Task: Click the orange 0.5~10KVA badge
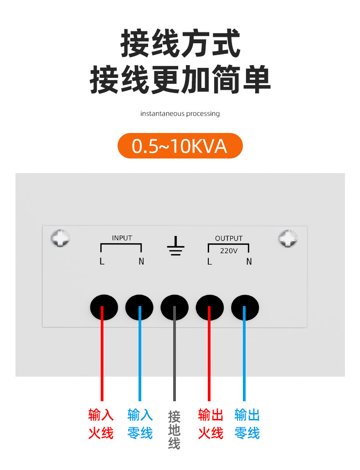(180, 146)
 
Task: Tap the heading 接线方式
(180, 43)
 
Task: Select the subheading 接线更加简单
(180, 79)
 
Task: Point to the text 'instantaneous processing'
(180, 113)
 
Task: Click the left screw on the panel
(60, 238)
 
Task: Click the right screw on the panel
(288, 239)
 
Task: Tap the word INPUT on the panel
(122, 238)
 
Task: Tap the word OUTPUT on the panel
(229, 238)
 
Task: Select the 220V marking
(229, 250)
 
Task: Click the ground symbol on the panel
(175, 246)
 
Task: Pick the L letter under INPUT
(102, 262)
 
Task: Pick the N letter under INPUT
(141, 262)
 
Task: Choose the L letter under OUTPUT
(210, 262)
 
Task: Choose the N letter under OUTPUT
(249, 262)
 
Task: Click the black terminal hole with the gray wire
(175, 307)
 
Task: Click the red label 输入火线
(101, 424)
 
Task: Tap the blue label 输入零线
(140, 424)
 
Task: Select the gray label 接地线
(174, 430)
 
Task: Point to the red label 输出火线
(211, 424)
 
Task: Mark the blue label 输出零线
(247, 424)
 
